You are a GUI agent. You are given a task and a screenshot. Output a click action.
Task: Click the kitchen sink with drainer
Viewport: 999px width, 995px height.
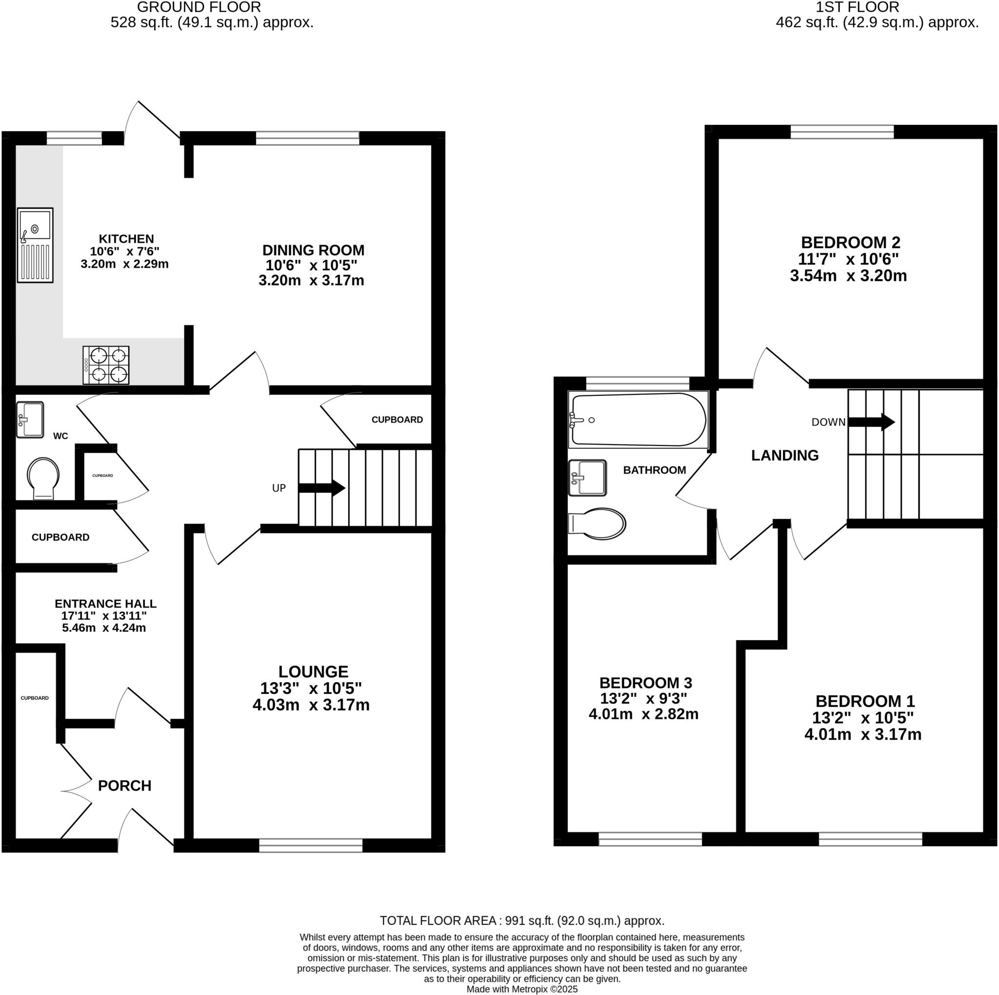[x=35, y=245]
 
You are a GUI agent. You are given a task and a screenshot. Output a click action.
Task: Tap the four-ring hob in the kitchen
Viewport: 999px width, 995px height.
[x=106, y=365]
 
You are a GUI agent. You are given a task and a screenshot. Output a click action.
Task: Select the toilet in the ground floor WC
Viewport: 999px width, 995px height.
[x=43, y=477]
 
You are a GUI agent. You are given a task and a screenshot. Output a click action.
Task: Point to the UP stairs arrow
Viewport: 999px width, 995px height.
[x=321, y=487]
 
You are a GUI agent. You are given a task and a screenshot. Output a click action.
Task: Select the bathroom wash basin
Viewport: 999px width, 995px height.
[x=587, y=478]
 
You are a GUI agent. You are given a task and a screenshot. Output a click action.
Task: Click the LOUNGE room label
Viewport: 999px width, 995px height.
[x=313, y=672]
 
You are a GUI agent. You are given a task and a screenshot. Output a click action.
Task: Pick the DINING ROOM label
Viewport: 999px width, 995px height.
[x=313, y=250]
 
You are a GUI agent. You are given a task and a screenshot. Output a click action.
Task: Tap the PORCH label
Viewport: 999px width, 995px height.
[x=124, y=786]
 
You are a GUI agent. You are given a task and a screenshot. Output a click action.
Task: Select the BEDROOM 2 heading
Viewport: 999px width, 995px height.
[x=851, y=242]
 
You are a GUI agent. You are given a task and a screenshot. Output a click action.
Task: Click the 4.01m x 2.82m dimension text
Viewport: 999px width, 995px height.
[x=643, y=714]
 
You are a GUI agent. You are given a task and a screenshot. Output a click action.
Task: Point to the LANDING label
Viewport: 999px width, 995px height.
[x=784, y=455]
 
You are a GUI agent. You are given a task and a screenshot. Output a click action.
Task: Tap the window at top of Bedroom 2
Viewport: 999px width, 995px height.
[x=842, y=132]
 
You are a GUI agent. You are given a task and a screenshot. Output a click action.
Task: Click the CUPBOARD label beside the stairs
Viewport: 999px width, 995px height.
[x=397, y=419]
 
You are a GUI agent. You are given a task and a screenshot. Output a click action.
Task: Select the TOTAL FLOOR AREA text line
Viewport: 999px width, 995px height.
[x=522, y=920]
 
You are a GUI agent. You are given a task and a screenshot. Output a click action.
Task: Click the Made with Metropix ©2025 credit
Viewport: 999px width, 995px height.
[x=522, y=989]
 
